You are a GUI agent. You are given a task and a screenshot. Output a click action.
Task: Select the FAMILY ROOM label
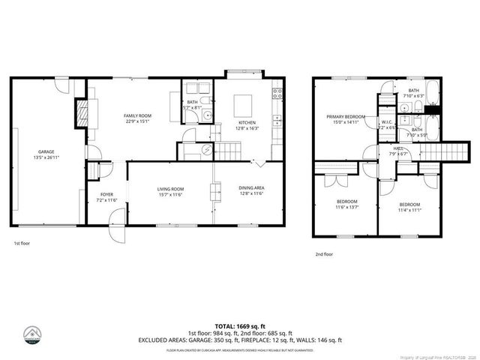click(x=137, y=115)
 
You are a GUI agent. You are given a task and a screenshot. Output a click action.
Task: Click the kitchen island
click(x=242, y=103)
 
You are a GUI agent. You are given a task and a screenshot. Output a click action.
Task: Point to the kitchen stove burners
click(x=277, y=94)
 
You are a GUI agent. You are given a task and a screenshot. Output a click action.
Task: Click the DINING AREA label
click(x=250, y=188)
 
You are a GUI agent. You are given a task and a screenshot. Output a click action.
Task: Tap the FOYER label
click(x=106, y=194)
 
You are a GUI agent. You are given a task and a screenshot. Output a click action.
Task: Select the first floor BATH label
click(x=192, y=102)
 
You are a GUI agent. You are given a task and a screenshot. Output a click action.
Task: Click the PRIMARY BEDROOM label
click(x=345, y=116)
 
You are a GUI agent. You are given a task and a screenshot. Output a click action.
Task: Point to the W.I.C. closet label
click(x=387, y=122)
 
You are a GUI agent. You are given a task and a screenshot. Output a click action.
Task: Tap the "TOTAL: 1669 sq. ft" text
click(x=239, y=325)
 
